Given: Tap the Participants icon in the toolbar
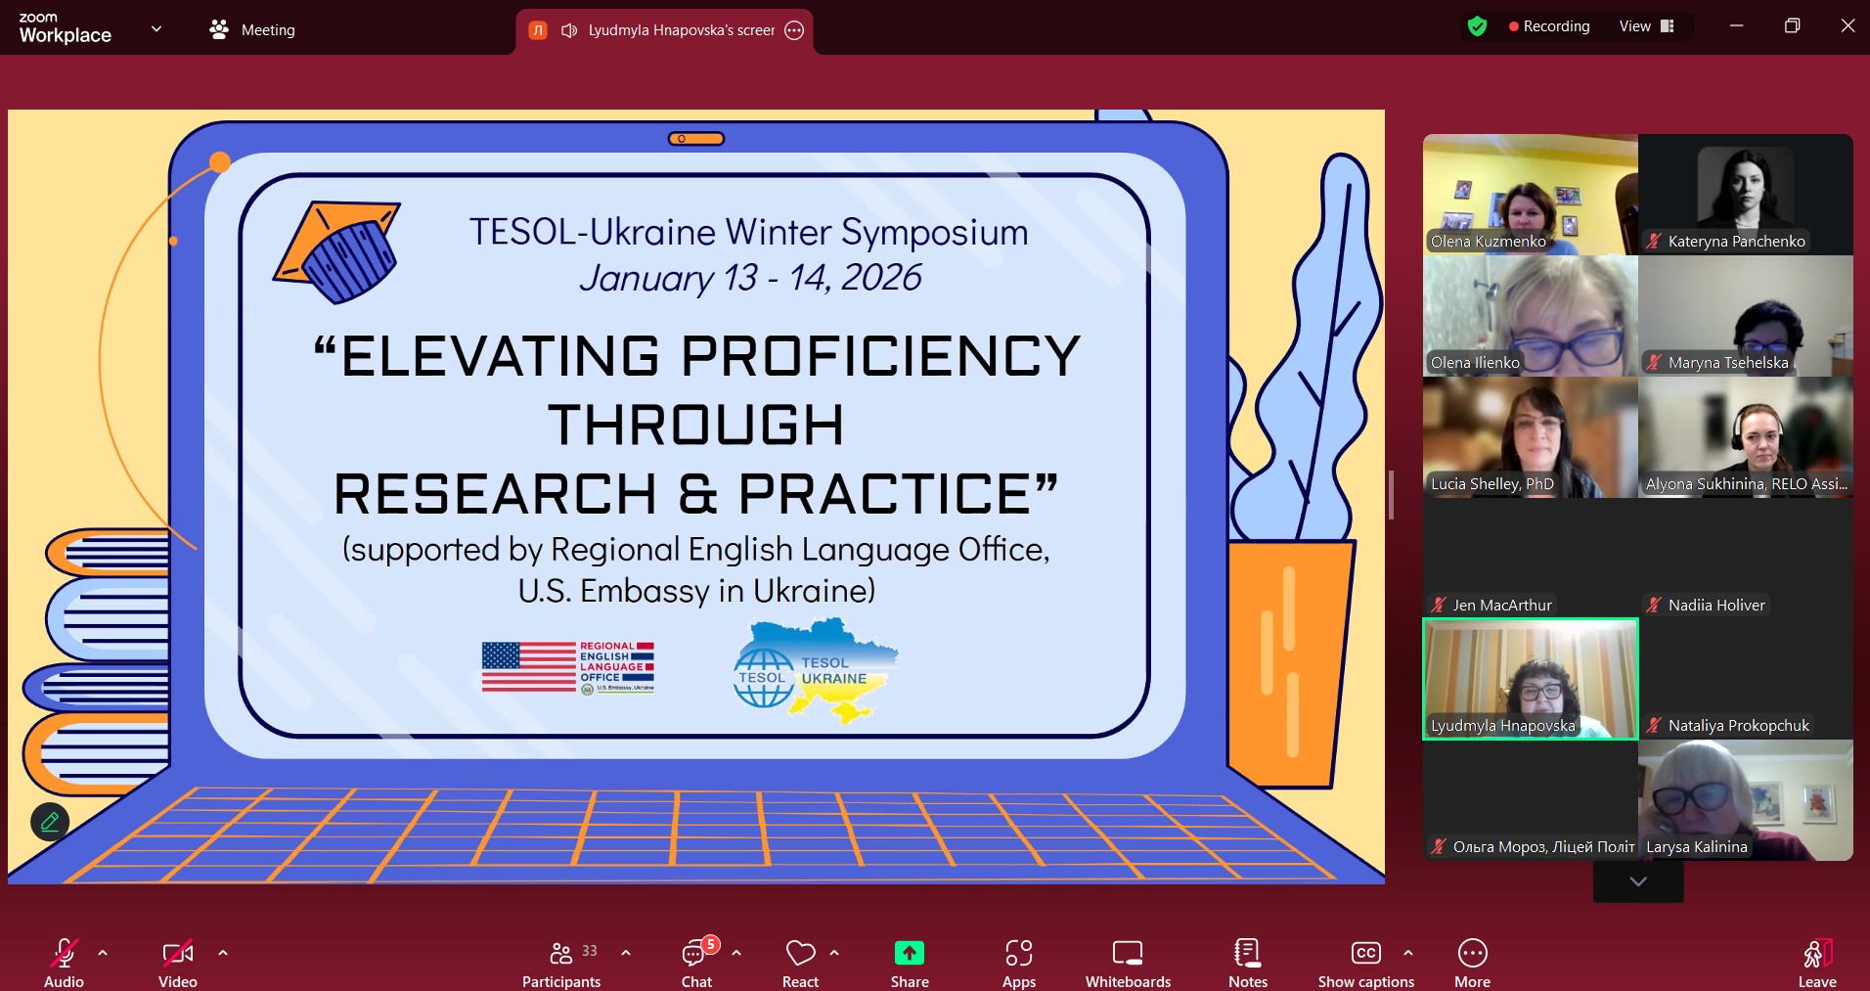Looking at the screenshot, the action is [561, 953].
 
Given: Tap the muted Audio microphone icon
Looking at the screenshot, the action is [64, 953].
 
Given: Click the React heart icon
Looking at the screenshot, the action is [800, 953].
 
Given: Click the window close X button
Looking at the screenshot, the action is [1848, 25].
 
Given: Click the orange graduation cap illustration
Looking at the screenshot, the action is [337, 251].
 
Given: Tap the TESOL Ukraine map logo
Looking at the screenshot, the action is [816, 671].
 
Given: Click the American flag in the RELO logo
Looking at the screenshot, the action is [529, 666].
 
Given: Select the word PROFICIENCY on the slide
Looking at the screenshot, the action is [881, 356].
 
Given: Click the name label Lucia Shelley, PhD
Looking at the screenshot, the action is [1492, 483].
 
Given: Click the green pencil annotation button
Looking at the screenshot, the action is [50, 822].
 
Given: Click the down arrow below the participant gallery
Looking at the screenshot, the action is [1638, 881].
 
